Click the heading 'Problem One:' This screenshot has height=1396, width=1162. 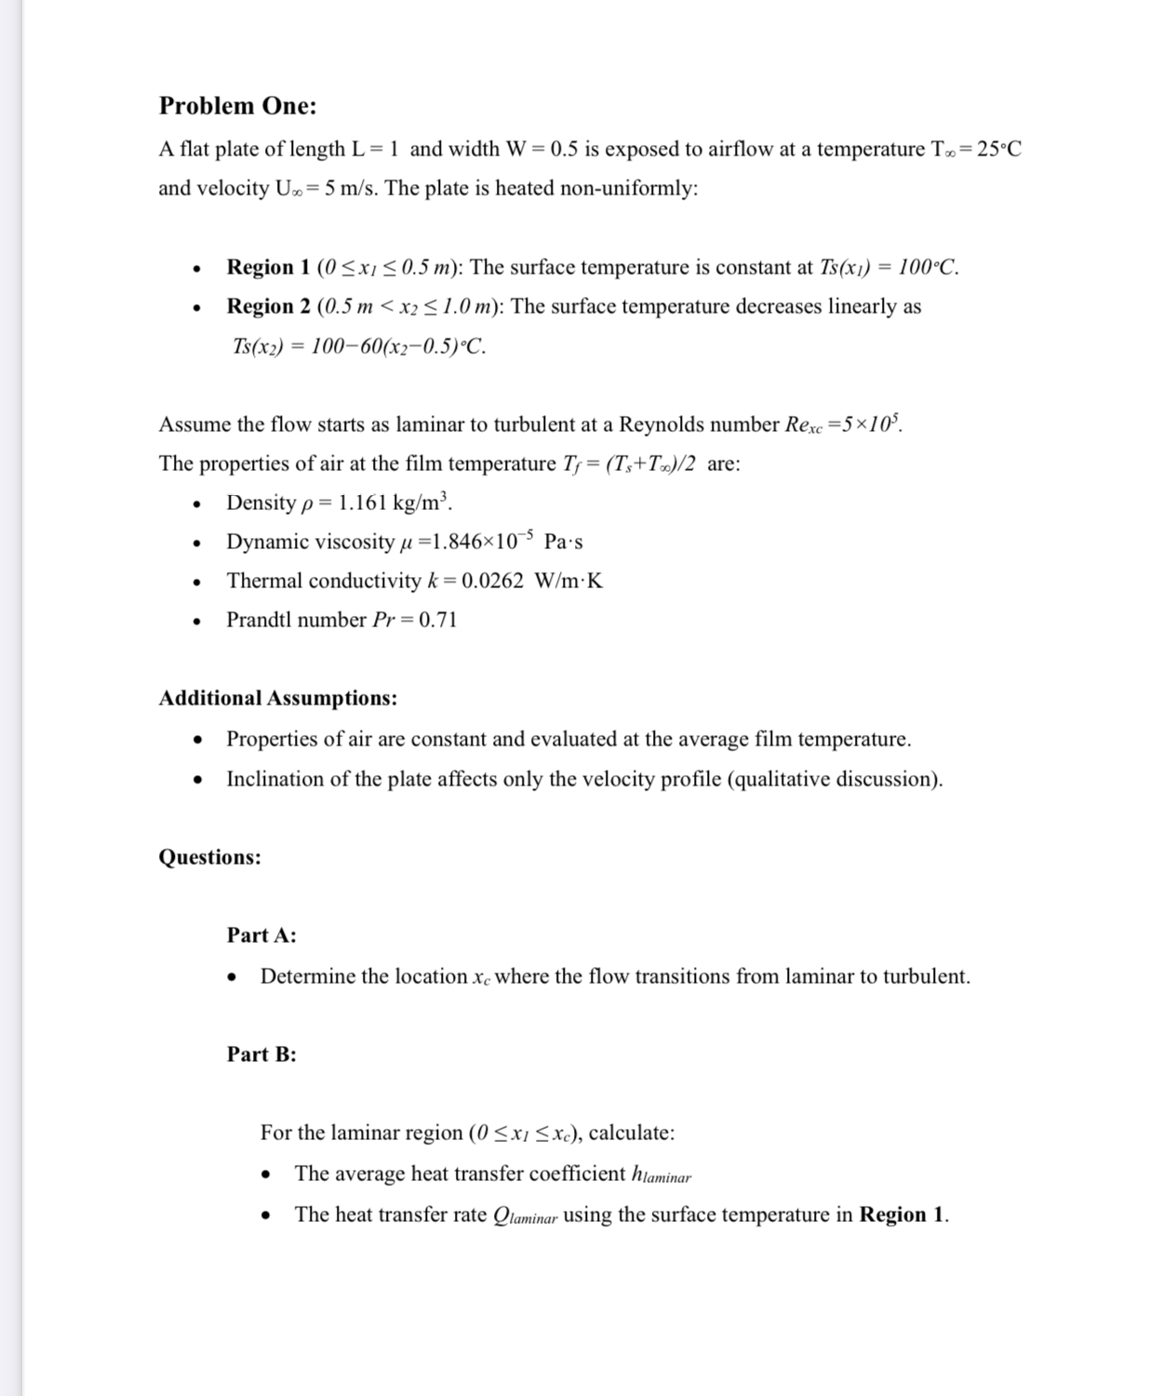237,106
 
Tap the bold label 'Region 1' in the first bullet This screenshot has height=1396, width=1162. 269,268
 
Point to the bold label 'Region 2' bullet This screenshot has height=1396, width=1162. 269,307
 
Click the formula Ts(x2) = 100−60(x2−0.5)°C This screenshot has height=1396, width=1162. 358,347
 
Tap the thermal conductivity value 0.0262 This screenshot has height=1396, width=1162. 492,582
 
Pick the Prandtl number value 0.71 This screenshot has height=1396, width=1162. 438,621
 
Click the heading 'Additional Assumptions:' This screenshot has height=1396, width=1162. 277,699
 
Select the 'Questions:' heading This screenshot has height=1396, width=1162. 209,857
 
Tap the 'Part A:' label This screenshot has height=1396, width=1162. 261,936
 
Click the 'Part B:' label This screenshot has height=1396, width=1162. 261,1054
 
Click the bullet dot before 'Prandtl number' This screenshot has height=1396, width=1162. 196,622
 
